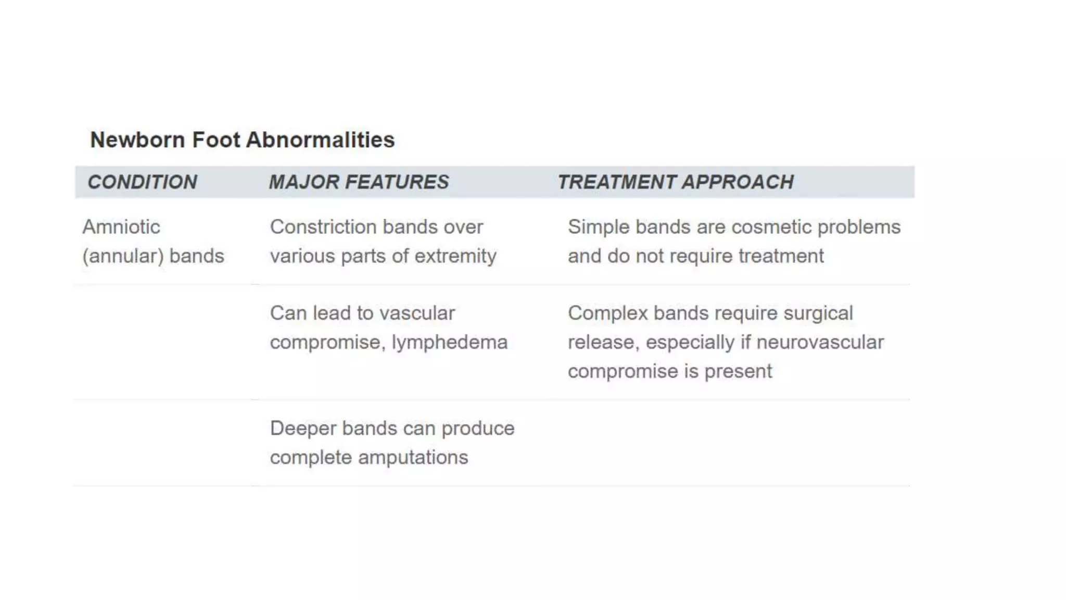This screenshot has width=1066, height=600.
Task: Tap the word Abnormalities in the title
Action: coord(320,140)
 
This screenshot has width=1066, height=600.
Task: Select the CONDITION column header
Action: coord(142,182)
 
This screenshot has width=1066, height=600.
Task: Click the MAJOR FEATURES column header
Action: coord(359,182)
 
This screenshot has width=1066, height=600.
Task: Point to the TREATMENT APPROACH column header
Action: coord(676,182)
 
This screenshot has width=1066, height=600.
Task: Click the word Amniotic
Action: coord(121,227)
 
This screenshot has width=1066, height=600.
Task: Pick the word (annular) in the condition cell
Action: coord(123,256)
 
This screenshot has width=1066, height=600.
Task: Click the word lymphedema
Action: coord(449,342)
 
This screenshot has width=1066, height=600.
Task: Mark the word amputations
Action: coord(413,457)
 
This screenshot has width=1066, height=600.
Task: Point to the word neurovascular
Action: coord(820,342)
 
